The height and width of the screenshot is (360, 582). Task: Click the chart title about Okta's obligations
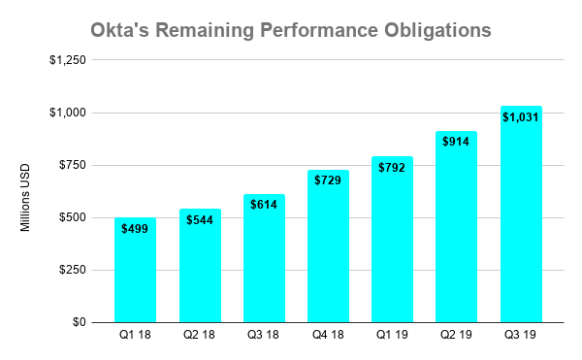(291, 29)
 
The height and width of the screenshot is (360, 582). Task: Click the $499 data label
(135, 229)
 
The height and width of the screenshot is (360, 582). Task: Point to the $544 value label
(199, 219)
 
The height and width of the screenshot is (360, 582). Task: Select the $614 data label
(264, 205)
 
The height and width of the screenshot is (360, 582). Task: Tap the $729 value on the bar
(328, 180)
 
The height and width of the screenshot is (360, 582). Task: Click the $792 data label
(392, 167)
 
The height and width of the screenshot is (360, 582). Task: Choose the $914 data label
(456, 142)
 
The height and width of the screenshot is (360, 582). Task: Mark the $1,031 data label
(521, 117)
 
